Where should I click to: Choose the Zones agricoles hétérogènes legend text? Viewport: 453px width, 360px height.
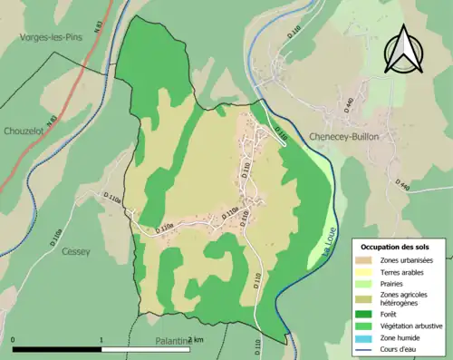(406, 298)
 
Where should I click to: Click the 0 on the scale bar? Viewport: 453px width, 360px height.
(13, 339)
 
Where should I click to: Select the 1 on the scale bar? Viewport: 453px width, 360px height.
(101, 339)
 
